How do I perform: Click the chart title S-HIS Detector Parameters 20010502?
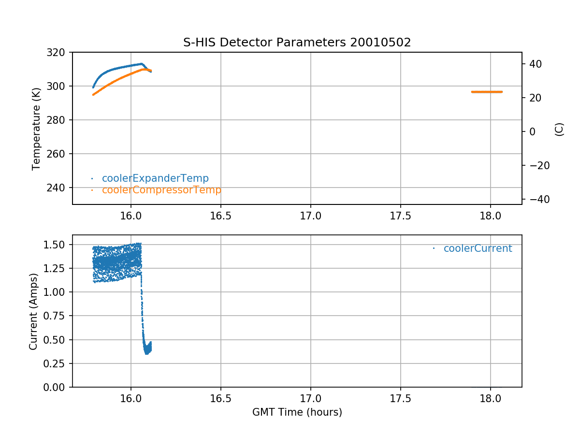[x=297, y=43]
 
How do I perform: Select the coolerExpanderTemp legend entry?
[x=155, y=178]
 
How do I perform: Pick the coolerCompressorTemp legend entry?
[x=161, y=190]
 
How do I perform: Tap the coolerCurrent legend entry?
[x=478, y=248]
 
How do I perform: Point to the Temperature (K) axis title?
[x=36, y=128]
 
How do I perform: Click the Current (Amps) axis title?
[x=33, y=311]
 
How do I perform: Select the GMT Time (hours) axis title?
[x=297, y=412]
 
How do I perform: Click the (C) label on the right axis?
[x=559, y=129]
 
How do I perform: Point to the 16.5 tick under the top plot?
[x=220, y=216]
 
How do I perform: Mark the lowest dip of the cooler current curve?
[x=147, y=353]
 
